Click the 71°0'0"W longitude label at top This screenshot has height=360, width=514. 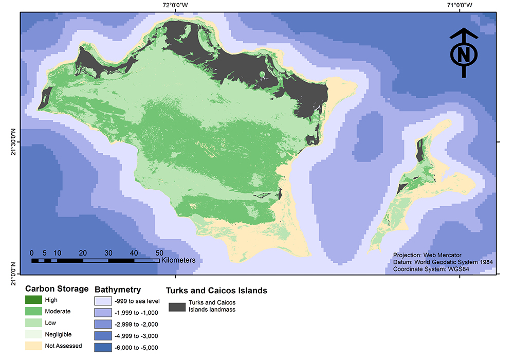pyautogui.click(x=460, y=5)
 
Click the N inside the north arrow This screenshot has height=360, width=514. pyautogui.click(x=464, y=55)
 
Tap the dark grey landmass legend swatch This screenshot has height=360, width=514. pyautogui.click(x=177, y=307)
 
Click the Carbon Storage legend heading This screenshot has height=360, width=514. pyautogui.click(x=57, y=289)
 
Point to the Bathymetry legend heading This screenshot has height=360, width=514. pyautogui.click(x=118, y=290)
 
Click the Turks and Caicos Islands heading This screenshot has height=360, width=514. pyautogui.click(x=216, y=291)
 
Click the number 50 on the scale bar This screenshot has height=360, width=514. pyautogui.click(x=159, y=253)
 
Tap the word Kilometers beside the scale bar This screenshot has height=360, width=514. pyautogui.click(x=178, y=260)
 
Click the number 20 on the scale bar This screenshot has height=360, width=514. pyautogui.click(x=83, y=253)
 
